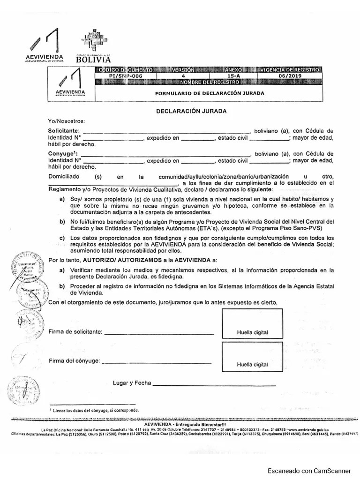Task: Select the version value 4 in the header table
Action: tap(183, 75)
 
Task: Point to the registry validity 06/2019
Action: tap(288, 75)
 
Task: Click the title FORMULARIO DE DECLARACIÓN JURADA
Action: tap(210, 93)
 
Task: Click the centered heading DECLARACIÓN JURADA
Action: tap(191, 111)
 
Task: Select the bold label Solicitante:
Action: tap(64, 130)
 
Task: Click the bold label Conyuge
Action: tap(63, 153)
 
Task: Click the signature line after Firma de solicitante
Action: tap(158, 333)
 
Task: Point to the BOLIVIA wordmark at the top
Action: tap(94, 60)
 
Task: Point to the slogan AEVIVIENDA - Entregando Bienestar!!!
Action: tap(183, 424)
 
